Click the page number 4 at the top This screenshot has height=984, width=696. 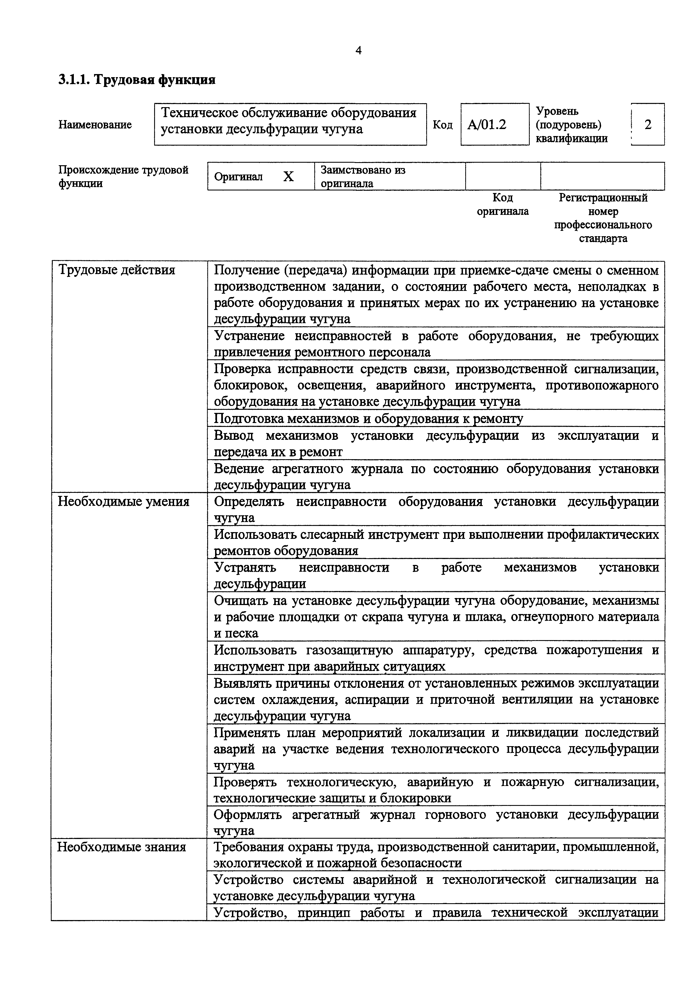(359, 51)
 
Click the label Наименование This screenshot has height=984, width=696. (95, 125)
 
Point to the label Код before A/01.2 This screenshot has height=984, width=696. (442, 125)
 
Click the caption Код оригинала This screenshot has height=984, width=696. (502, 204)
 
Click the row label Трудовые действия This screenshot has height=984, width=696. (116, 270)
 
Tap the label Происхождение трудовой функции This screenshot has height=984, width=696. (123, 176)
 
